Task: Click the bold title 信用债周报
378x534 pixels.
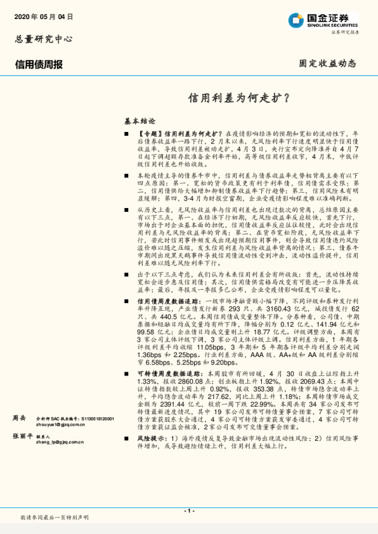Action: (x=39, y=64)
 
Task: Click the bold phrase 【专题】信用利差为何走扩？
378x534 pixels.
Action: (x=181, y=135)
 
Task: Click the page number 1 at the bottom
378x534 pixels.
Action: (x=188, y=511)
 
